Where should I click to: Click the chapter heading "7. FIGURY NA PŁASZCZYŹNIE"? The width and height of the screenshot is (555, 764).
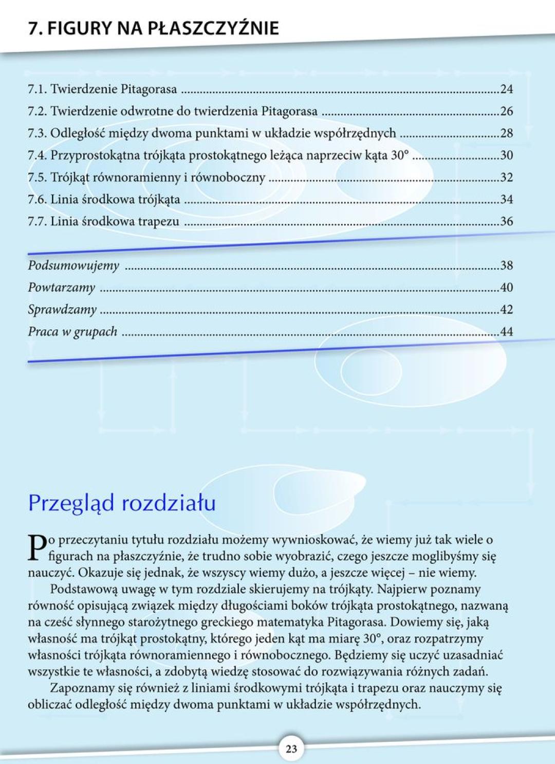153,28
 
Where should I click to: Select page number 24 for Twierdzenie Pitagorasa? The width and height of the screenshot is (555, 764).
506,89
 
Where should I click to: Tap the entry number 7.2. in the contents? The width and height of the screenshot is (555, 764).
37,111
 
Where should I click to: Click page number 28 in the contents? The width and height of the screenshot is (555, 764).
506,133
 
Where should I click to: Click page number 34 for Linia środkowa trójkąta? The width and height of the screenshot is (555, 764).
506,200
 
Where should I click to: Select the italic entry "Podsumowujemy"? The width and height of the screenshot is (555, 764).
73,265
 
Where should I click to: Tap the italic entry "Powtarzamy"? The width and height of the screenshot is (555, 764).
62,288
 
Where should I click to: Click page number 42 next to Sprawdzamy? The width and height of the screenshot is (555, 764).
506,310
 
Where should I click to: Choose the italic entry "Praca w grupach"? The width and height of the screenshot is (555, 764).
72,332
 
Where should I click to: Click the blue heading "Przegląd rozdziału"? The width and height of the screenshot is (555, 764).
122,503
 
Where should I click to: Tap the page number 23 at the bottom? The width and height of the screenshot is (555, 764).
291,749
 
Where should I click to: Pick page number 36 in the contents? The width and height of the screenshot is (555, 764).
506,222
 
